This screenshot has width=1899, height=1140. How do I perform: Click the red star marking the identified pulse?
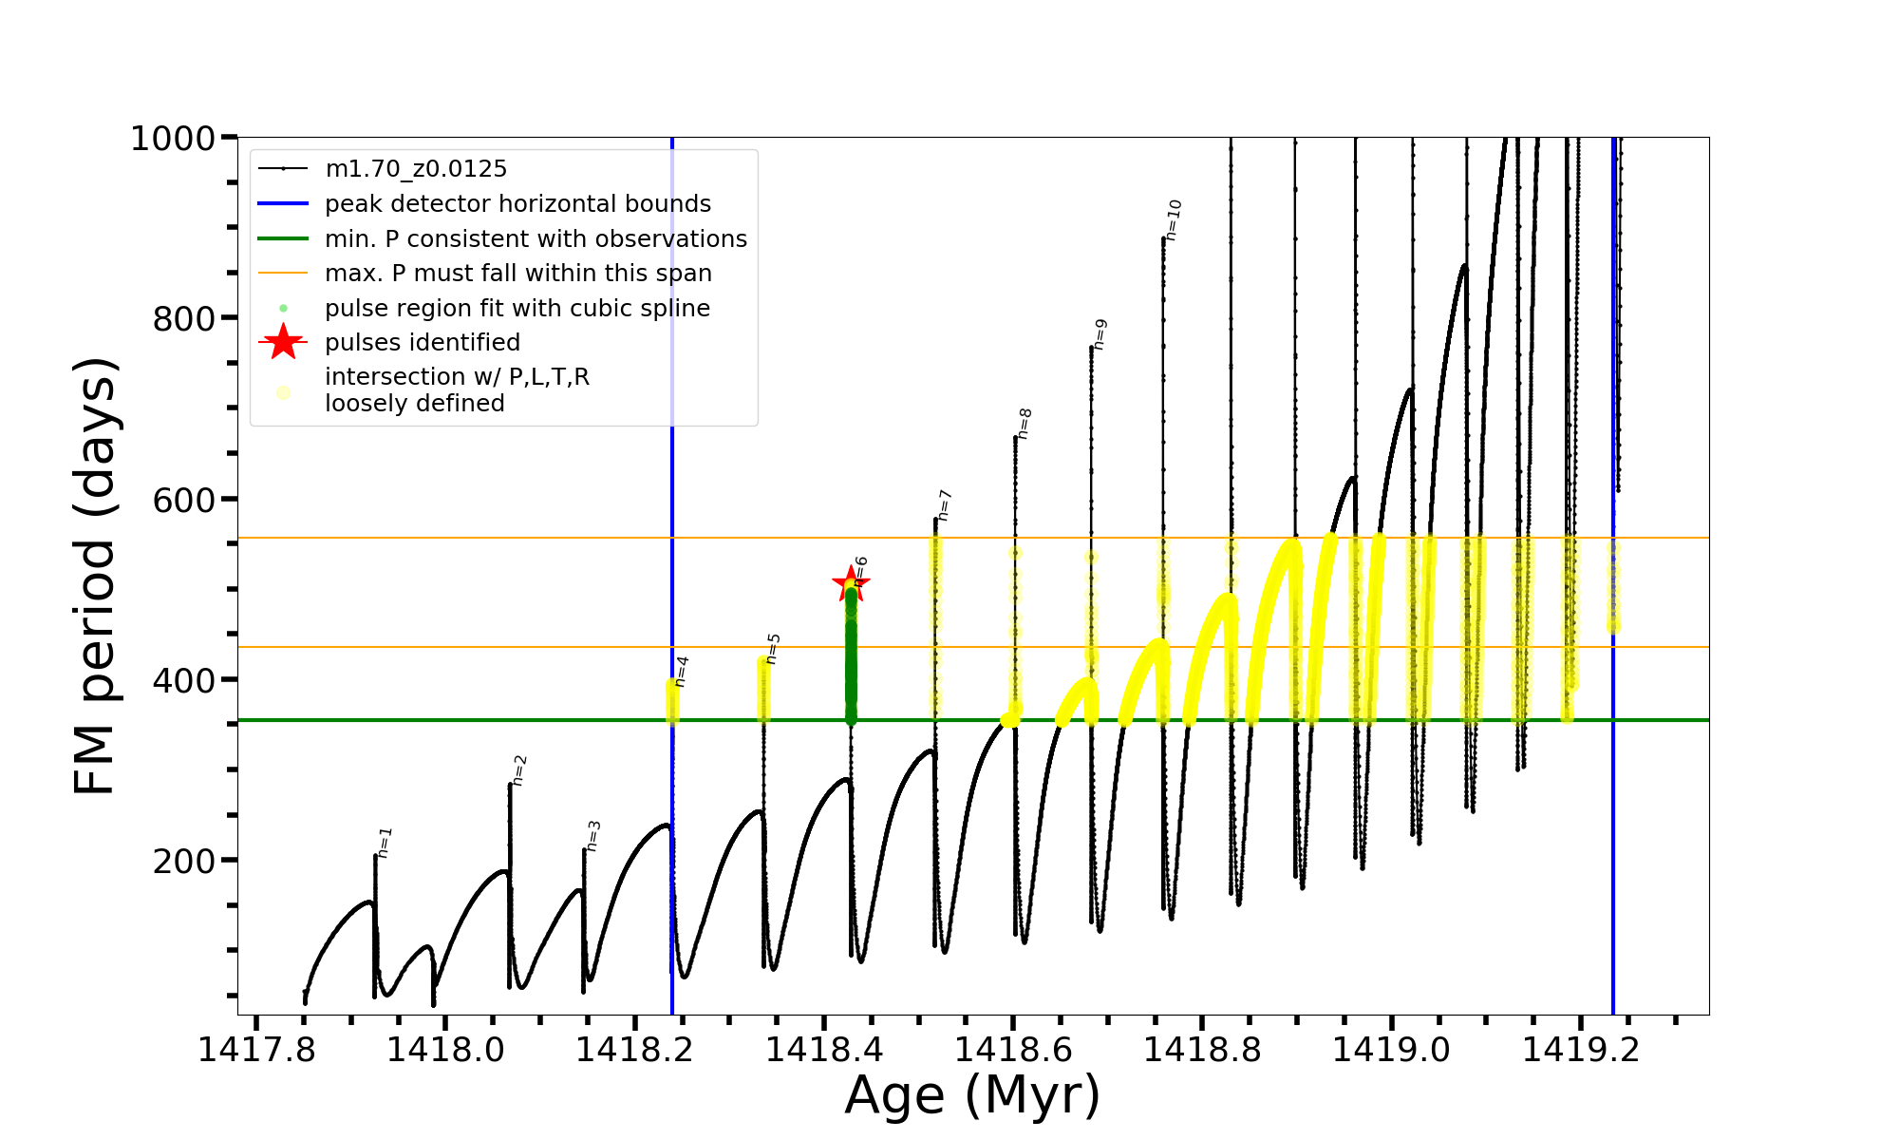tap(850, 583)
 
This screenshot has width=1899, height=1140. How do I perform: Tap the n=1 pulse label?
tap(385, 843)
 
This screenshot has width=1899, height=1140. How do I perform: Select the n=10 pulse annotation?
tap(1175, 219)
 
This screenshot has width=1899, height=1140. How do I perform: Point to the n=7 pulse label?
tap(944, 505)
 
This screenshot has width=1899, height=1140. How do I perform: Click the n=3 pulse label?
tap(593, 836)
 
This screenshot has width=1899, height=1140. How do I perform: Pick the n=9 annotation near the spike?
tap(1100, 334)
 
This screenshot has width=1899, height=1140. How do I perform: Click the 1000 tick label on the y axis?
tap(173, 139)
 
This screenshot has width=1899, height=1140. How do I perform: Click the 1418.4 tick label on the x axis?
tap(824, 1051)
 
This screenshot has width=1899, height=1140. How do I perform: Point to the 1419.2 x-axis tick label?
tap(1581, 1051)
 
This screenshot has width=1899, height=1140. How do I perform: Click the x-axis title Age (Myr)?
tap(972, 1095)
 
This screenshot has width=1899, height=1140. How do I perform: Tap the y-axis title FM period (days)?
tap(96, 576)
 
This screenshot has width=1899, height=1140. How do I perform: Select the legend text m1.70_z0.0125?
tap(416, 169)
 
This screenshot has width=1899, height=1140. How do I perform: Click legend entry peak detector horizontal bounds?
tap(517, 204)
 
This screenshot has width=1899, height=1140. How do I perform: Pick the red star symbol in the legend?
tap(283, 342)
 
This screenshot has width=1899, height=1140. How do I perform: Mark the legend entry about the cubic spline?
tap(517, 309)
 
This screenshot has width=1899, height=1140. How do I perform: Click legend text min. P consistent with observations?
tap(536, 239)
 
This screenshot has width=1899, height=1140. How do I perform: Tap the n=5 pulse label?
tap(773, 649)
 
